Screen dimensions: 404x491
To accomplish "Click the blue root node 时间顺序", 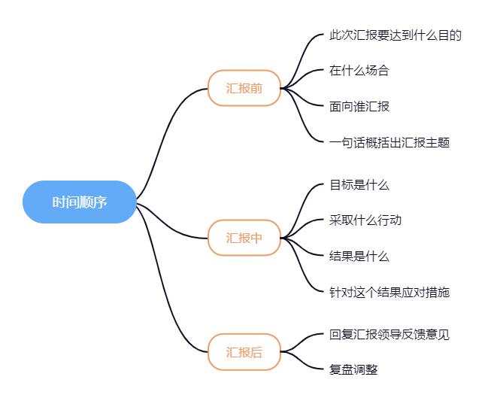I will (x=79, y=202).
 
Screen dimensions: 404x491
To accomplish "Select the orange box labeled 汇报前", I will (x=244, y=88).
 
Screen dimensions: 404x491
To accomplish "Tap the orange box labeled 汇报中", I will (x=244, y=238).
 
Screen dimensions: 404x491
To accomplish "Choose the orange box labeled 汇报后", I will (x=244, y=351).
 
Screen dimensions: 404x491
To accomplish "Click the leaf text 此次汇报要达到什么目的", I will (x=395, y=35).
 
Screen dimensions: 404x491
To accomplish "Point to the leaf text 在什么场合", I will (x=359, y=71).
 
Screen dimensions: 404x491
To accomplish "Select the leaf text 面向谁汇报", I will (x=359, y=106).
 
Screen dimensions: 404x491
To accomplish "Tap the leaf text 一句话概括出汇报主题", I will (x=389, y=142).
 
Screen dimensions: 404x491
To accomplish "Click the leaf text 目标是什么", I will (x=359, y=184).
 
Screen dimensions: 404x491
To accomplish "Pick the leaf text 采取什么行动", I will (x=365, y=220).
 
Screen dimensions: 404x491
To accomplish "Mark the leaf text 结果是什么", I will (x=359, y=256).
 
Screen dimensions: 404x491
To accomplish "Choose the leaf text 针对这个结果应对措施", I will (x=389, y=292).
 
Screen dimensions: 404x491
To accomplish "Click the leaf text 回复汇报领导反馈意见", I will (x=389, y=334).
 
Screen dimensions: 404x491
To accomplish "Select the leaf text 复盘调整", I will (x=353, y=369).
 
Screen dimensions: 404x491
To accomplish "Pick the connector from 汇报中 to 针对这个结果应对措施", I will (x=305, y=271).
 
